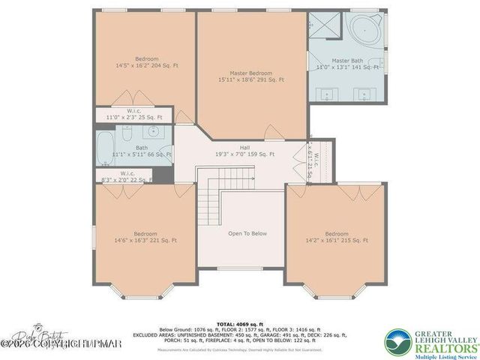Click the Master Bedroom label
point(251,73)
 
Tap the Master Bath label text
point(346,61)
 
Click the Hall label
point(244,148)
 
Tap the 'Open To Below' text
point(247,233)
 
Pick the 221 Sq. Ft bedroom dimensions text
point(145,241)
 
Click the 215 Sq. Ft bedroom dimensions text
point(338,241)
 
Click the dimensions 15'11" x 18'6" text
point(251,79)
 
